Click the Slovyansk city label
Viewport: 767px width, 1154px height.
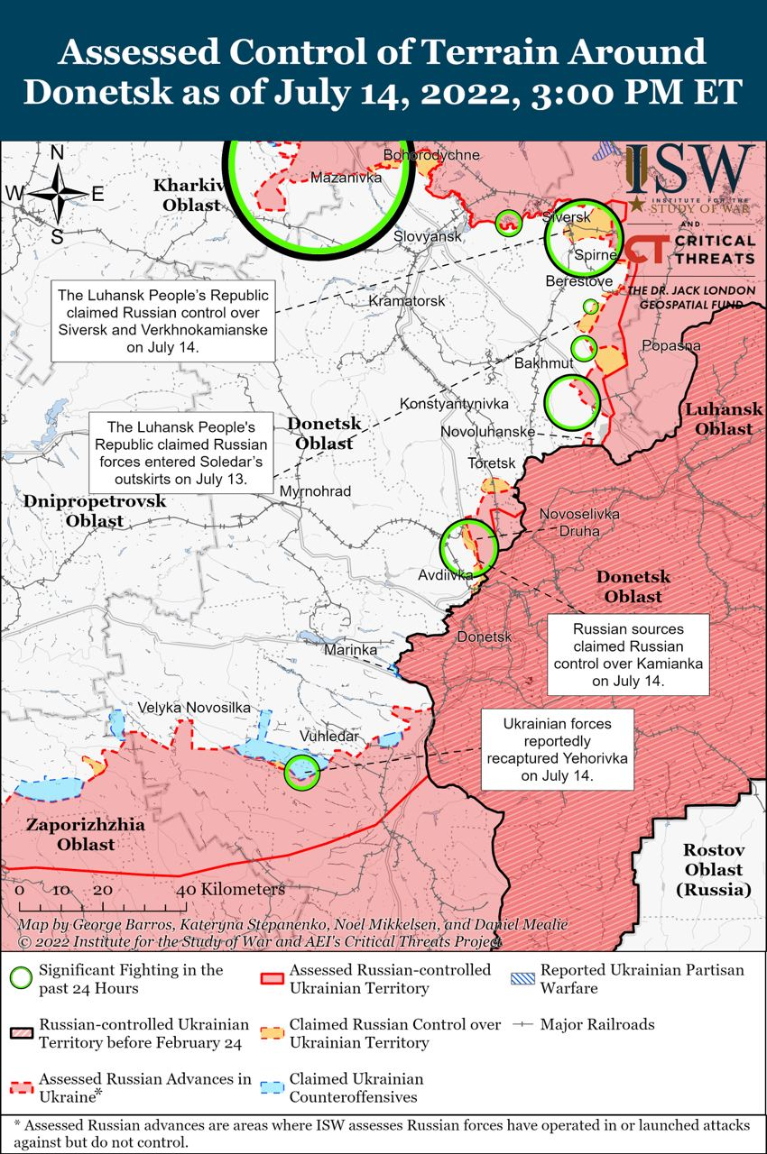(428, 236)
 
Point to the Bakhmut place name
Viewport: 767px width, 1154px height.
(543, 362)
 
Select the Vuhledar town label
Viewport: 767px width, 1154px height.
(329, 736)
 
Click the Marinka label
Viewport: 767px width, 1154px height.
(350, 649)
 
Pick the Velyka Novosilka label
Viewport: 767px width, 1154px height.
(194, 709)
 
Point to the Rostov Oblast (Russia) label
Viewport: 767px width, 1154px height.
(713, 870)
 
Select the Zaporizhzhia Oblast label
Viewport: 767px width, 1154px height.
(70, 835)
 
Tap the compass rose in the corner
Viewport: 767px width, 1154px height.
(56, 193)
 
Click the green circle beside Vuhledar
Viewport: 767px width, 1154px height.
(300, 772)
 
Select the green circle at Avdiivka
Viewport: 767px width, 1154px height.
(467, 546)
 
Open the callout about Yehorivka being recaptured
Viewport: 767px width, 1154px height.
(557, 749)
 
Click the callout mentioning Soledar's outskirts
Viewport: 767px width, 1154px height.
(187, 453)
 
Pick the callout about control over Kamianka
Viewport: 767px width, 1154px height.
(629, 655)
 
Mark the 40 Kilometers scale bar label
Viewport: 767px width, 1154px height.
(232, 889)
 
